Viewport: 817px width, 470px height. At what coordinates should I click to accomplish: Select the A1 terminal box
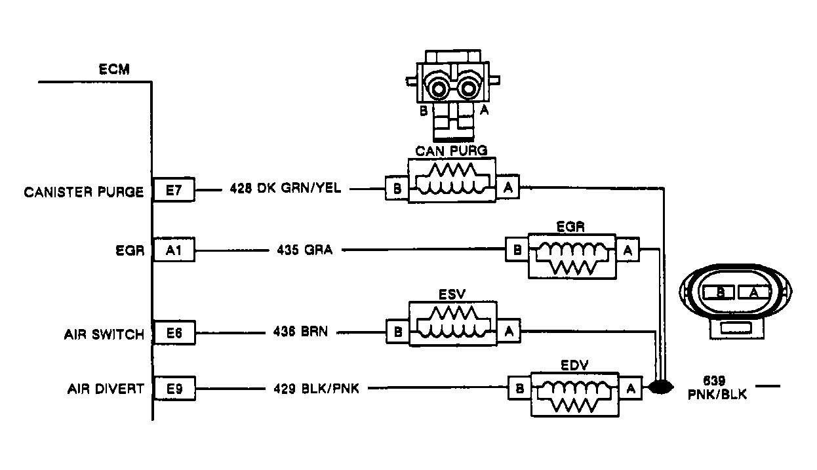(174, 250)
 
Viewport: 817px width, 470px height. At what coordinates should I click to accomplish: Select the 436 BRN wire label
(300, 332)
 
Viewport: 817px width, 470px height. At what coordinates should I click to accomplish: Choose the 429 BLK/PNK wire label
(316, 388)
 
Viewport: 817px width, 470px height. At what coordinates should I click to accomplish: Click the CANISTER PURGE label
(84, 192)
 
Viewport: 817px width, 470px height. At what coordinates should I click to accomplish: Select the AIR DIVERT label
(106, 389)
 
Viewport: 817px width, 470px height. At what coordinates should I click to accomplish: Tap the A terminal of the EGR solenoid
(628, 250)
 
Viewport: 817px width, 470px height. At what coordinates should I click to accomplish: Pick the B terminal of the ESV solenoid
(397, 332)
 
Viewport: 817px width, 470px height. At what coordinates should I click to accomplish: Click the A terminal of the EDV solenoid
(631, 388)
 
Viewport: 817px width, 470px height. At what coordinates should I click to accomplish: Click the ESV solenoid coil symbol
(452, 323)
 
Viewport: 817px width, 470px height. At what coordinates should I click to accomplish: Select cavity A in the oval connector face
(753, 293)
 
